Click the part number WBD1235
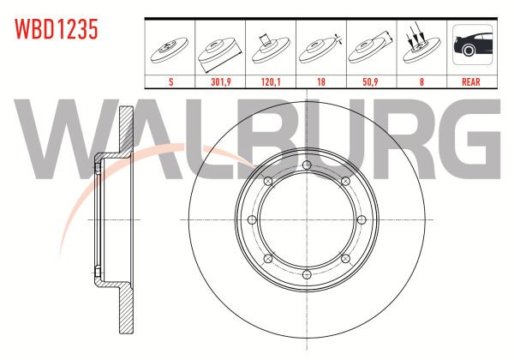[56, 29]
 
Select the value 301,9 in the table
[221, 81]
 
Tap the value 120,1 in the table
[271, 81]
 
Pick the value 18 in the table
[321, 81]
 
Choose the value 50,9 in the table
[370, 81]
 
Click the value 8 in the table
[421, 81]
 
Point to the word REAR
[470, 81]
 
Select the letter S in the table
[170, 81]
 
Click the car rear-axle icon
[472, 45]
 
